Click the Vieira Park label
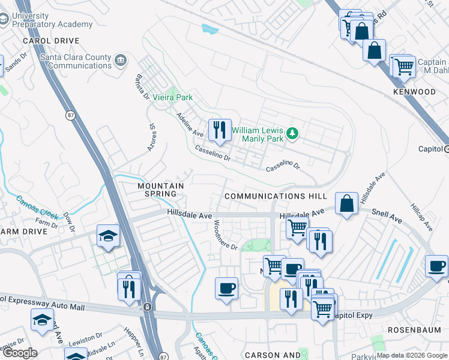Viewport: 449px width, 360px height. tap(172, 97)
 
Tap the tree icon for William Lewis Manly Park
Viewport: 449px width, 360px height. tap(292, 133)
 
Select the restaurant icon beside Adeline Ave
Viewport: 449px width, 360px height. tap(219, 130)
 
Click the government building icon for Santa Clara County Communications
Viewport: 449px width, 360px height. tap(121, 61)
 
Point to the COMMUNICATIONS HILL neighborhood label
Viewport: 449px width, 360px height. tap(276, 196)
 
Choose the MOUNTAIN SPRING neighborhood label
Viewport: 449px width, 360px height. tap(161, 190)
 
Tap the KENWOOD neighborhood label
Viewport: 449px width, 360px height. tap(414, 92)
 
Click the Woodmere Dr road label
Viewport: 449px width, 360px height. tap(226, 235)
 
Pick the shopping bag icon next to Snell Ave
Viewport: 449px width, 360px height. tap(348, 203)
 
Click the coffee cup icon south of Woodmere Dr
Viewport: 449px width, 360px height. tap(226, 288)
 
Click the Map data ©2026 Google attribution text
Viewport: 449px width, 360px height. tap(411, 355)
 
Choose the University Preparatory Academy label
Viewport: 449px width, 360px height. tap(52, 20)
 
